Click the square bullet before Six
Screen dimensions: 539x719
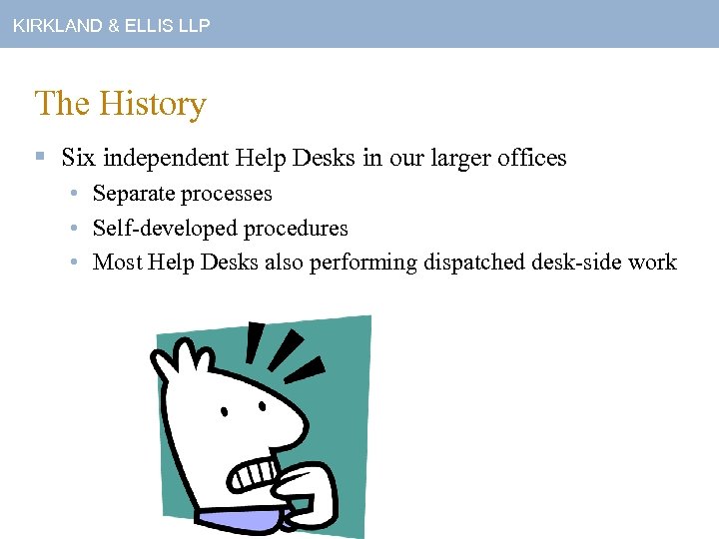point(40,158)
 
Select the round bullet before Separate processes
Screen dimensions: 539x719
point(75,194)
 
